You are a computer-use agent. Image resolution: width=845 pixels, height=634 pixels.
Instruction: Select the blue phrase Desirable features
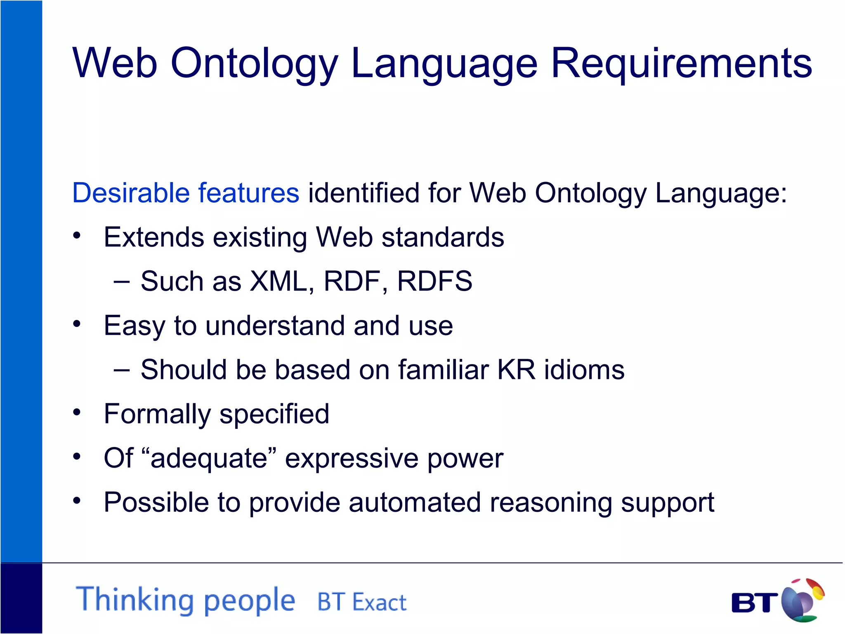(186, 193)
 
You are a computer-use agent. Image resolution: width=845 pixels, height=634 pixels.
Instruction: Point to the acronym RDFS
(434, 282)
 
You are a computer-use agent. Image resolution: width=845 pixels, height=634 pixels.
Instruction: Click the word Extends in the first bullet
(154, 237)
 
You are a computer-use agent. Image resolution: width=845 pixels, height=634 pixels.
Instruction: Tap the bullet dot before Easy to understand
(77, 324)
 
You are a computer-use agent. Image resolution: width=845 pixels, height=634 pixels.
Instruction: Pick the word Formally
(157, 414)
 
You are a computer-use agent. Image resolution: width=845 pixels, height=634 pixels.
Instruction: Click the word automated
(415, 502)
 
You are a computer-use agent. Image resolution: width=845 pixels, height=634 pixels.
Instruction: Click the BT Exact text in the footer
(362, 602)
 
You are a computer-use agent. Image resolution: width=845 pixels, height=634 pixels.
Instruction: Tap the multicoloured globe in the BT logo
(802, 601)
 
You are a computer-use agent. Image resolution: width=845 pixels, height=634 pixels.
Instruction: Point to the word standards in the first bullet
(443, 237)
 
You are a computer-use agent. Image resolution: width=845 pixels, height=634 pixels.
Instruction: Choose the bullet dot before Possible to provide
(77, 500)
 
